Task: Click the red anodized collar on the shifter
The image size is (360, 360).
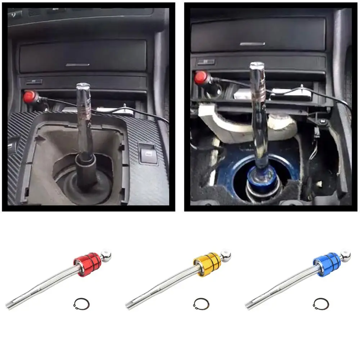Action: (87, 261)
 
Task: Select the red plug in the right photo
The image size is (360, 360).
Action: (200, 77)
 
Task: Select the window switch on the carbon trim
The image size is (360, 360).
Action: (147, 152)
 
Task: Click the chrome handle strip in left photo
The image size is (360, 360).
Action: (78, 65)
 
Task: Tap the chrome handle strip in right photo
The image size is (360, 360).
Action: (252, 44)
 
